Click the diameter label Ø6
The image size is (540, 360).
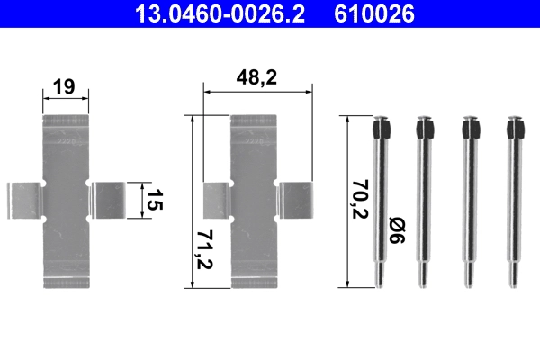(396, 237)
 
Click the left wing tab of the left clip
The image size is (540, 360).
(24, 200)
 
